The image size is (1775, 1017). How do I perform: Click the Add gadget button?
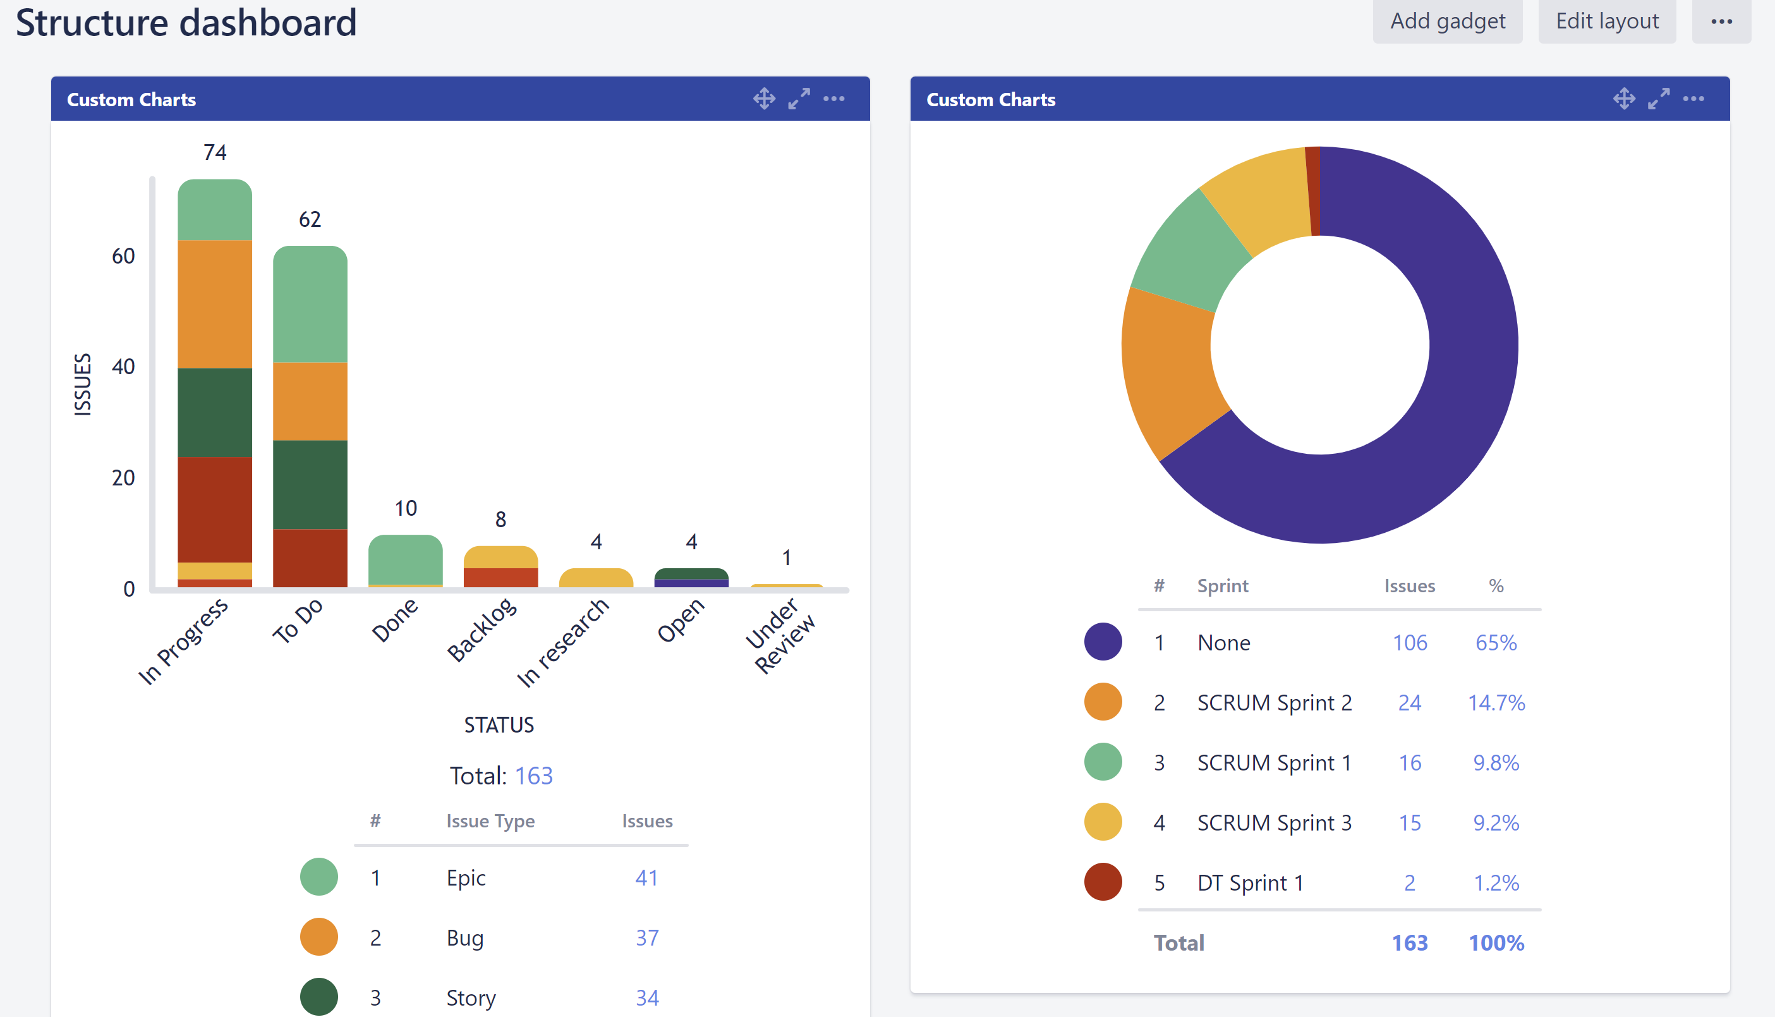click(1447, 21)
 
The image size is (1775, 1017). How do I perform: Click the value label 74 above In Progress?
click(215, 152)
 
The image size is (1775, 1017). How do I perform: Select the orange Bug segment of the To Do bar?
click(310, 401)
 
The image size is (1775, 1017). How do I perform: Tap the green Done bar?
click(405, 559)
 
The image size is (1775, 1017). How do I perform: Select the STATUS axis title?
click(499, 725)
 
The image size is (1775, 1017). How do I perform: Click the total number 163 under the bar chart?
click(533, 776)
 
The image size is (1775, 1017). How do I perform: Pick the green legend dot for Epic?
click(318, 877)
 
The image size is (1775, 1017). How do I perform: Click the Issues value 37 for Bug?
click(646, 937)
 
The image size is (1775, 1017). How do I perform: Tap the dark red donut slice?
click(1312, 190)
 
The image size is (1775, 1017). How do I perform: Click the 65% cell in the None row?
click(1496, 643)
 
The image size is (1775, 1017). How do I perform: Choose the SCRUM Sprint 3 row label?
click(1274, 823)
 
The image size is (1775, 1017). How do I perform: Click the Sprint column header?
click(1222, 585)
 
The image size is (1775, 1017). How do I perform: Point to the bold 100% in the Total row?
click(1496, 943)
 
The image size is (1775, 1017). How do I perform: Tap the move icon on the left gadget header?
click(764, 99)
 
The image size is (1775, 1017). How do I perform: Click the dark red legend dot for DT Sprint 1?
click(1103, 882)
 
